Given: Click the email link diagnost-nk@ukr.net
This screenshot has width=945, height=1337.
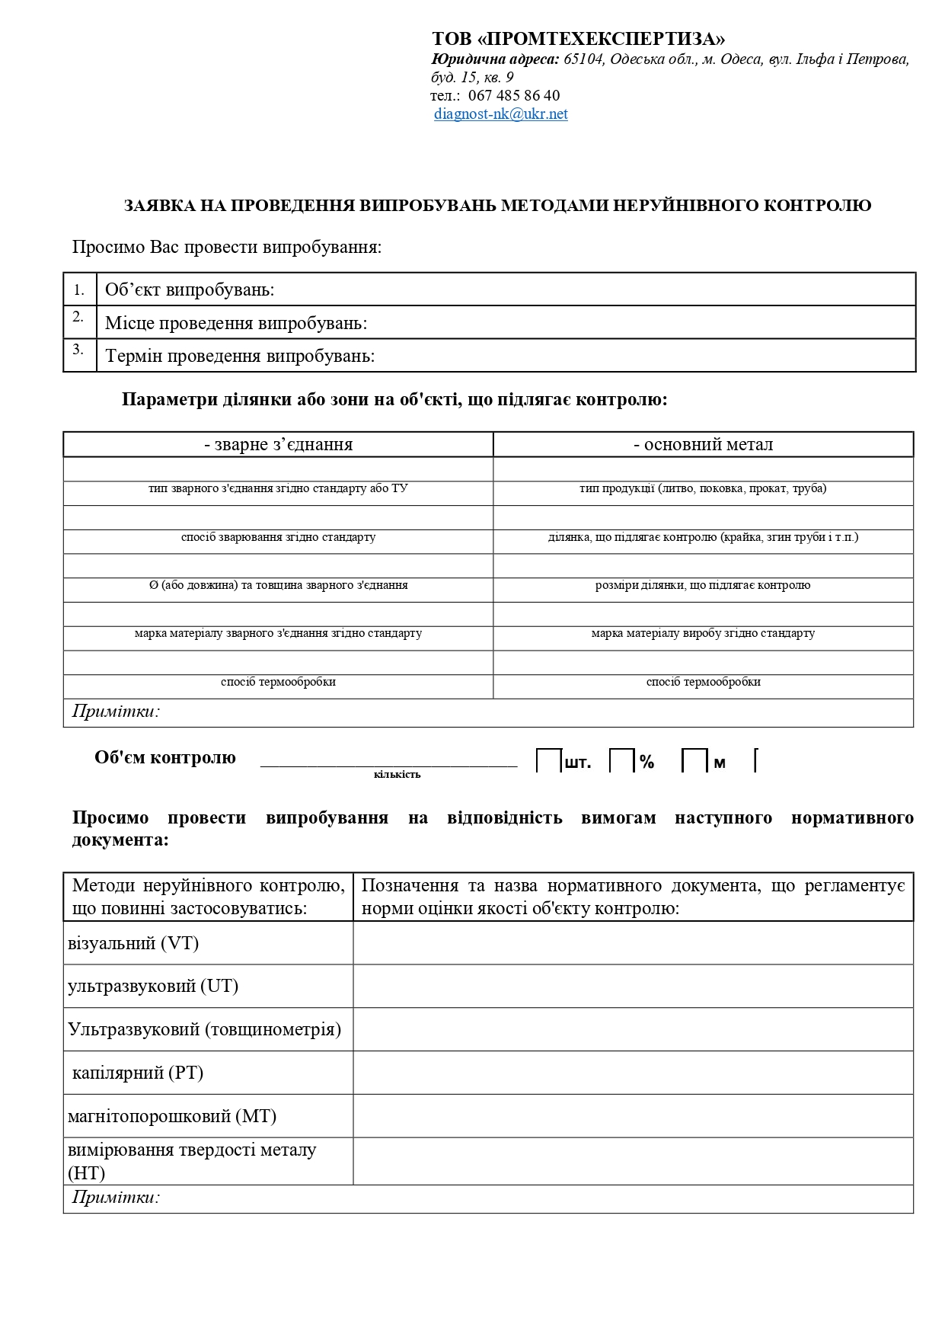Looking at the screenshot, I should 501,114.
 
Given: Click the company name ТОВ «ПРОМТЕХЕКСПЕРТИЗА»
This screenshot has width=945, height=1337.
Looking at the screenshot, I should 579,40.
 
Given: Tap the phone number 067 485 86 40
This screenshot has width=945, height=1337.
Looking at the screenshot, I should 514,96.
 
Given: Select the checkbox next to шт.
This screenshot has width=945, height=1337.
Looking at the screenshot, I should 549,761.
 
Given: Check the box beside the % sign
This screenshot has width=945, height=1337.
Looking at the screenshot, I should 622,761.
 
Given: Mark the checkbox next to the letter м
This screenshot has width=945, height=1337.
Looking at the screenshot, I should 694,761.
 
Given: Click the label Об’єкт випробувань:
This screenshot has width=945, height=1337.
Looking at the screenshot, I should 190,290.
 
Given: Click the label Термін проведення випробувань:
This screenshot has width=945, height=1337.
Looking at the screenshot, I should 240,357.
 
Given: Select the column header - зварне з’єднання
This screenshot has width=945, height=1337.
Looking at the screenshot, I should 279,445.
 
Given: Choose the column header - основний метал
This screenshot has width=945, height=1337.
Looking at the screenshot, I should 703,445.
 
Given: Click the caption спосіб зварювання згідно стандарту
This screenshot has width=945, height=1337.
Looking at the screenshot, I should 279,537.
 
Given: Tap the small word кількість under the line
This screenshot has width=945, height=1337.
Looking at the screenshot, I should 397,775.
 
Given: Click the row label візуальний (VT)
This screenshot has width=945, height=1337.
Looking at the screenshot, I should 133,944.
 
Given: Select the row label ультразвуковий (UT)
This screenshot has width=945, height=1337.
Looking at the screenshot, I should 153,987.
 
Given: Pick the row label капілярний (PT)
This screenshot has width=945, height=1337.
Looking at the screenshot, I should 138,1073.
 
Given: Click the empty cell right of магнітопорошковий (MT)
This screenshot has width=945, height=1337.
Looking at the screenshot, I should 633,1116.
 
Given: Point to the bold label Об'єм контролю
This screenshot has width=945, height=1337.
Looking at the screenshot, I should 165,758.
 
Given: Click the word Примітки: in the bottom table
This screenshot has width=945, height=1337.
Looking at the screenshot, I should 116,1198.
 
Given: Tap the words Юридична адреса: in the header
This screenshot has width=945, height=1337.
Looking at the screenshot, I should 495,59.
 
